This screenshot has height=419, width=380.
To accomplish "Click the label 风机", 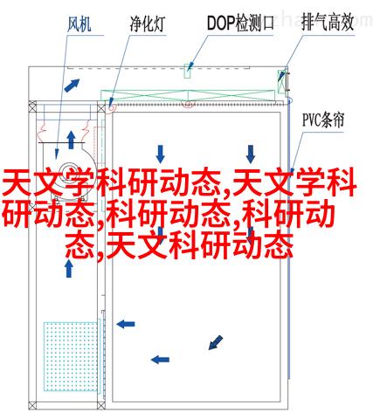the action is click(79, 24).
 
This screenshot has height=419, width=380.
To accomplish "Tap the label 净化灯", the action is click(148, 24).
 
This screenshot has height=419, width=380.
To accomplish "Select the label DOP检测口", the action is click(240, 23).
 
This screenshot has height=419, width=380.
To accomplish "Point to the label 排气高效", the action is click(328, 22).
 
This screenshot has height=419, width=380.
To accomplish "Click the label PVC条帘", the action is click(323, 120).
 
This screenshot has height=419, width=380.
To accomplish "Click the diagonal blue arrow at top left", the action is click(72, 86).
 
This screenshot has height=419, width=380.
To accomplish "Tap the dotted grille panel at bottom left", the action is click(71, 356).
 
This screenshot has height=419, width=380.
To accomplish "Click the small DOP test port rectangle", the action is click(187, 71).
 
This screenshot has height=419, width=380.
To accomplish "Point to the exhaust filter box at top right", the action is click(281, 81).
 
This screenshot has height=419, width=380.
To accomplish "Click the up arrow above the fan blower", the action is click(71, 140).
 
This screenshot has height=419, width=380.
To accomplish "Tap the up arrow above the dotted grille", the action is click(69, 268).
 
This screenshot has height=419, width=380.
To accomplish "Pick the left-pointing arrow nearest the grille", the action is click(126, 324).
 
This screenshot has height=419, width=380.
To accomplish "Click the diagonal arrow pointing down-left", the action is click(216, 342).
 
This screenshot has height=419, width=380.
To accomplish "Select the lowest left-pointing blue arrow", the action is click(160, 360).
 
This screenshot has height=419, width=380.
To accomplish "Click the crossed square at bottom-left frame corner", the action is click(32, 405).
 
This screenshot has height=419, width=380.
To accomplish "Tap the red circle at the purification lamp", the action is click(112, 107).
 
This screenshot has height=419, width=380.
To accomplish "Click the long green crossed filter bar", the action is click(188, 95).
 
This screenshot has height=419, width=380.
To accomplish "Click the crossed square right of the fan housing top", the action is click(101, 108).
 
